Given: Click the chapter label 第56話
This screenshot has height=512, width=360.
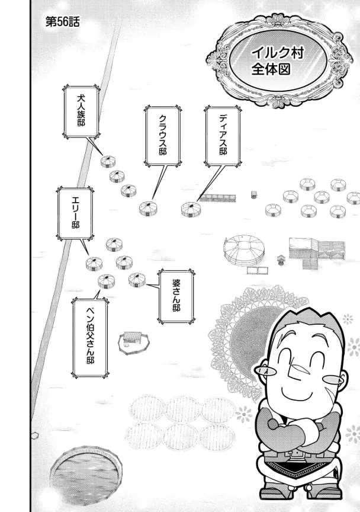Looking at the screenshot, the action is (x=62, y=22).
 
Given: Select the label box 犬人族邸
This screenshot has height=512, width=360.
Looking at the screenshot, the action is (x=81, y=111).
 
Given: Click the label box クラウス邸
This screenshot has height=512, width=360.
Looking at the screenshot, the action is (x=163, y=136).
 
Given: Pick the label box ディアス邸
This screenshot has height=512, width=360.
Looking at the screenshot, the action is (x=223, y=136).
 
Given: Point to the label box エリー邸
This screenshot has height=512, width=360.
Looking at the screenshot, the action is (x=75, y=213).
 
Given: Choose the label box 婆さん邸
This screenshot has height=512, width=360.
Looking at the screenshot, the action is (x=176, y=296).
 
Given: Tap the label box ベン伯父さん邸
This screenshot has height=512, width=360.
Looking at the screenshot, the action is (x=90, y=338).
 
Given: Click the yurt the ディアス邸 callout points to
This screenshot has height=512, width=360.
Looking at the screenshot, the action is (x=191, y=209).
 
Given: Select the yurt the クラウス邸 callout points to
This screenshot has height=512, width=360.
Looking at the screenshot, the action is (x=149, y=208).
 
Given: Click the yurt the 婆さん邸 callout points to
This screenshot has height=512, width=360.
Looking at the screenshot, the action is (x=137, y=280).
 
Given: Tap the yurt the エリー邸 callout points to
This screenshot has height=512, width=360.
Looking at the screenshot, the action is (x=95, y=263).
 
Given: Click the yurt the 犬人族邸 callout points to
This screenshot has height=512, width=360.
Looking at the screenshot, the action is (x=108, y=161).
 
